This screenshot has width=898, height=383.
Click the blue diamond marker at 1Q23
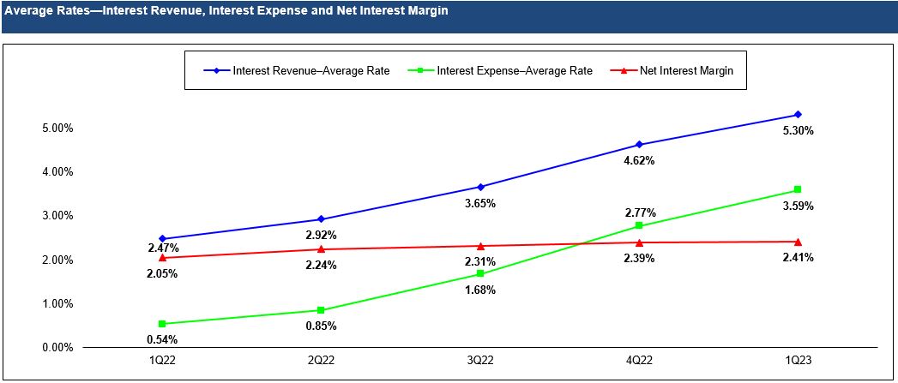(798, 115)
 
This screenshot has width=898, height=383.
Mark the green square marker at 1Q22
(162, 324)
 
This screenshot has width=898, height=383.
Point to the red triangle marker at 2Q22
(321, 249)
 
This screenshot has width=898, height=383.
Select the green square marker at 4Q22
(639, 226)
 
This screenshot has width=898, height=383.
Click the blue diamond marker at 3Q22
(480, 187)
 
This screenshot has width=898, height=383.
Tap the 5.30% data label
(798, 131)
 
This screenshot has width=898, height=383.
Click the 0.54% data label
(162, 340)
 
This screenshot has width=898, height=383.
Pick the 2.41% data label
(798, 257)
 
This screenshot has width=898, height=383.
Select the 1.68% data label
(480, 290)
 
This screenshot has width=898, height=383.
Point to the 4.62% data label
(639, 160)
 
